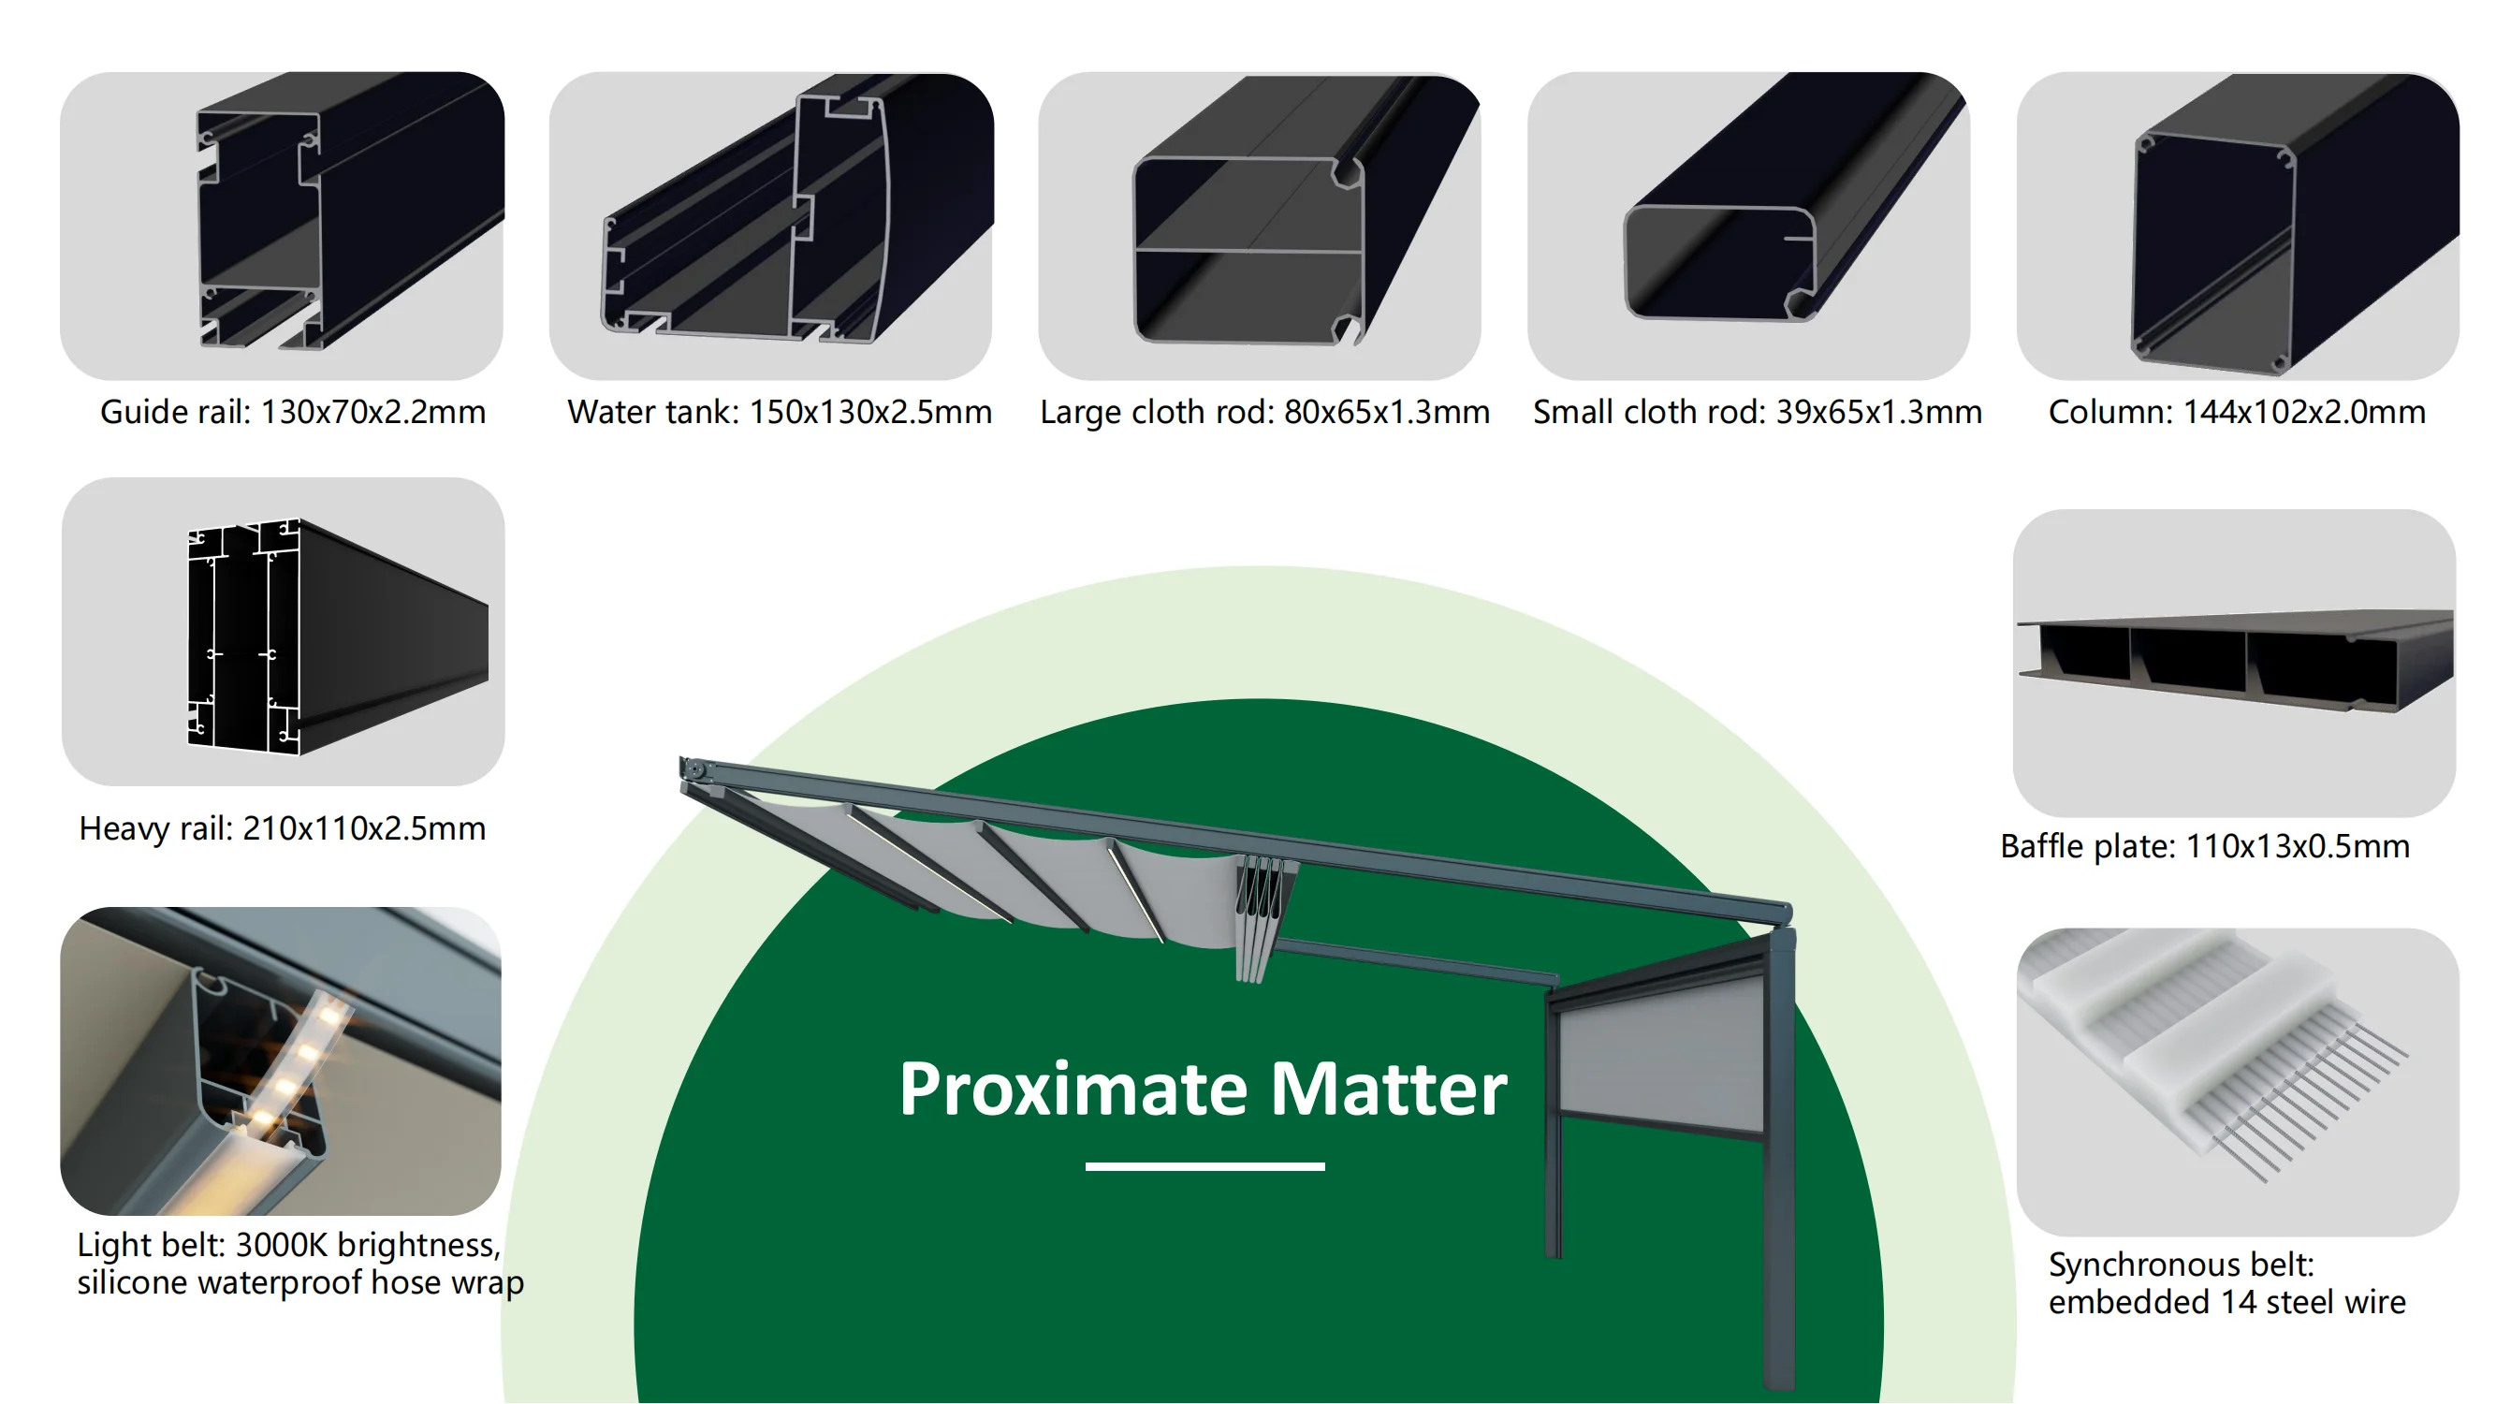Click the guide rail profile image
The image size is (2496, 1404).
pyautogui.click(x=282, y=226)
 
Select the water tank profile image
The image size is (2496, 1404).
pyautogui.click(x=771, y=226)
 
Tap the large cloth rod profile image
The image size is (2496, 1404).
pyautogui.click(x=1260, y=226)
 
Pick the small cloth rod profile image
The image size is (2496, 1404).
pyautogui.click(x=1749, y=226)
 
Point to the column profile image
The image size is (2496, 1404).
pyautogui.click(x=2239, y=226)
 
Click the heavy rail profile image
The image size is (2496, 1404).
pyautogui.click(x=283, y=631)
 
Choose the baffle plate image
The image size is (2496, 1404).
pyautogui.click(x=2234, y=663)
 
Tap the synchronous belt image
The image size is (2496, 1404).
pyautogui.click(x=2239, y=1081)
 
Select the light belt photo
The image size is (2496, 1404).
pyautogui.click(x=281, y=1061)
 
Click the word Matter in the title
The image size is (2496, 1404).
pyautogui.click(x=1389, y=1089)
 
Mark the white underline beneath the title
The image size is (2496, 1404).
pyautogui.click(x=1204, y=1166)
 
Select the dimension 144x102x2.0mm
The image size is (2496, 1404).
pyautogui.click(x=2304, y=412)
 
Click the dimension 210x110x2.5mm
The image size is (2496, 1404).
pyautogui.click(x=363, y=828)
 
